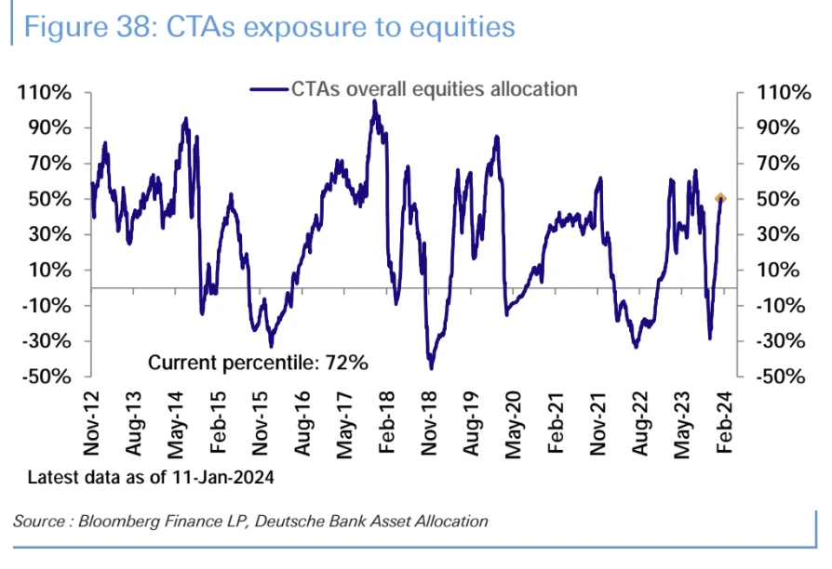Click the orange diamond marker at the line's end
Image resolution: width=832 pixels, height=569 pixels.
point(720,198)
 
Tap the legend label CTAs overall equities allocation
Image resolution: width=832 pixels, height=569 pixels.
point(434,89)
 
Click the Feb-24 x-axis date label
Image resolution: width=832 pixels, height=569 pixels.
point(722,424)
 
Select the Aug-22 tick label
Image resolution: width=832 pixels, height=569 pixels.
point(638,424)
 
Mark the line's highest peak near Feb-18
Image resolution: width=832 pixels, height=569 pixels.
point(374,101)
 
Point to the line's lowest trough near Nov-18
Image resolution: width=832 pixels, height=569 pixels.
point(432,368)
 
